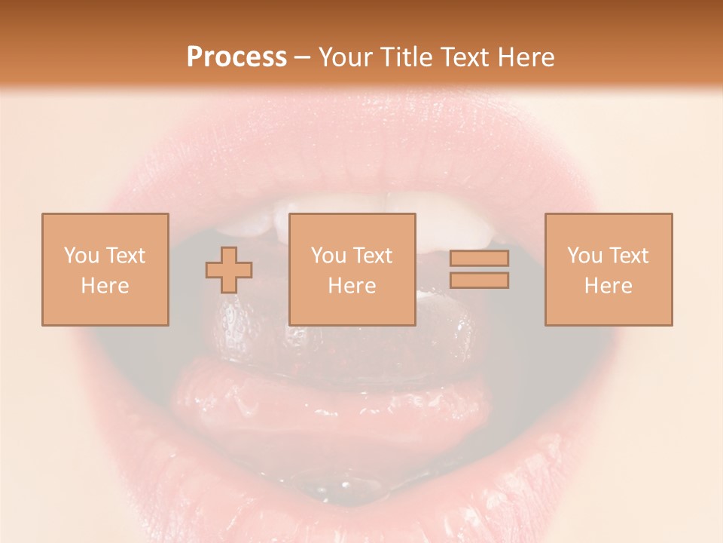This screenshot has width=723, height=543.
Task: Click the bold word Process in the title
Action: [x=236, y=57]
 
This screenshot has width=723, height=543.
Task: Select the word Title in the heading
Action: [x=407, y=57]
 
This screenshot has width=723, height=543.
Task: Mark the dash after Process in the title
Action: [x=303, y=59]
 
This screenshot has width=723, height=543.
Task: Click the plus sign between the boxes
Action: [x=229, y=270]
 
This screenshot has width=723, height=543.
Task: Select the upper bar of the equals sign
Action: [x=479, y=259]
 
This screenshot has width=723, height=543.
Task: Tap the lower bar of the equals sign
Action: [x=479, y=281]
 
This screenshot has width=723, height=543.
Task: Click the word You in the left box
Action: [x=81, y=256]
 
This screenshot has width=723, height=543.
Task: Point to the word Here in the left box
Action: [x=105, y=286]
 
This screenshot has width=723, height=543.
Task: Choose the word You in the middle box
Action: [x=328, y=256]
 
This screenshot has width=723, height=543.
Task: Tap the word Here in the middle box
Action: [x=352, y=286]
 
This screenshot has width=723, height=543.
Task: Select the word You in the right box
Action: [x=584, y=256]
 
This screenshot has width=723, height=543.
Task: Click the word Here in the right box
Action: [x=608, y=286]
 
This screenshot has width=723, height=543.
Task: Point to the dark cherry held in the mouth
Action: [x=249, y=332]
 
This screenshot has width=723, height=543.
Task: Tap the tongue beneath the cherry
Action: [x=331, y=400]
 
